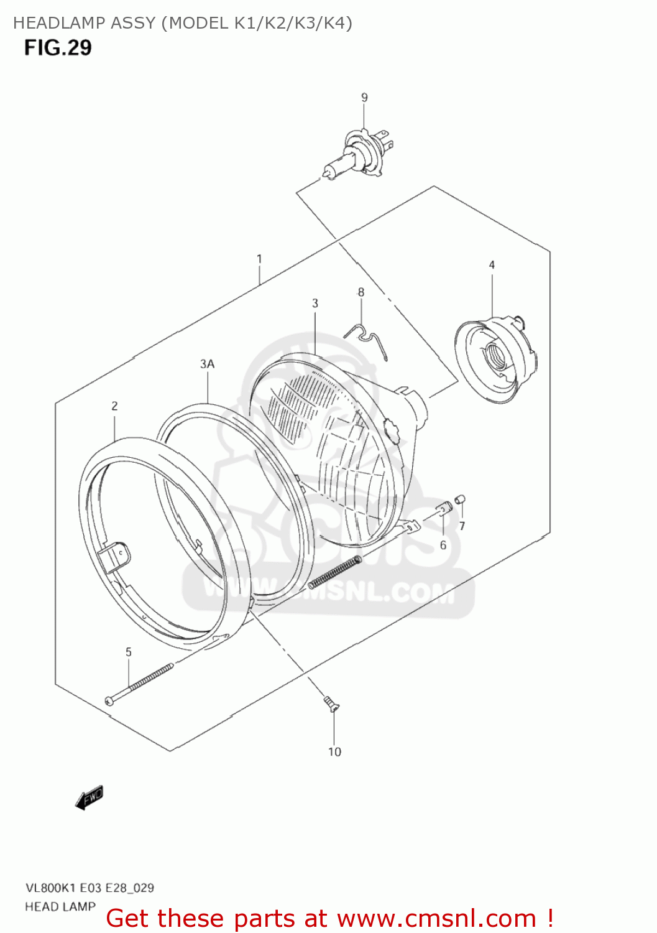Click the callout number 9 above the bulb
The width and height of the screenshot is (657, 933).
coord(364,97)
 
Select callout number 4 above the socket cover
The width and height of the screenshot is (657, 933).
coord(492,265)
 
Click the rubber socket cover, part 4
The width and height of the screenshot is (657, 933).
coord(495,360)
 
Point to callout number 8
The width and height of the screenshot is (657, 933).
coord(361,292)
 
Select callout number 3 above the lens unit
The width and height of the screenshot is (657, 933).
coord(315,303)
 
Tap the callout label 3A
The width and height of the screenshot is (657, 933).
coord(207,364)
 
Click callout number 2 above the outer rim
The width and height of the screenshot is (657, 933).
coord(114,406)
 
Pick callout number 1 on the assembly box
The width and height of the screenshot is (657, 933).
coord(259,259)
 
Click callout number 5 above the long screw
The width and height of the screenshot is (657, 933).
coord(129,652)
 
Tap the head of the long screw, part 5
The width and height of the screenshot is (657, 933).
coord(110,700)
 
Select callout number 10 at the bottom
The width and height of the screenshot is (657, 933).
coord(334,752)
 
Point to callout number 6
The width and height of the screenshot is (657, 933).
coord(443,545)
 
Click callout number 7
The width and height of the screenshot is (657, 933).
coord(462,526)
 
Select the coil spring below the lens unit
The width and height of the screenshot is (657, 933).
coord(334,572)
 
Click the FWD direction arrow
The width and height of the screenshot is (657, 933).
coord(90,797)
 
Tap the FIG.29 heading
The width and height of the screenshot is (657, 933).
coord(58,48)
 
